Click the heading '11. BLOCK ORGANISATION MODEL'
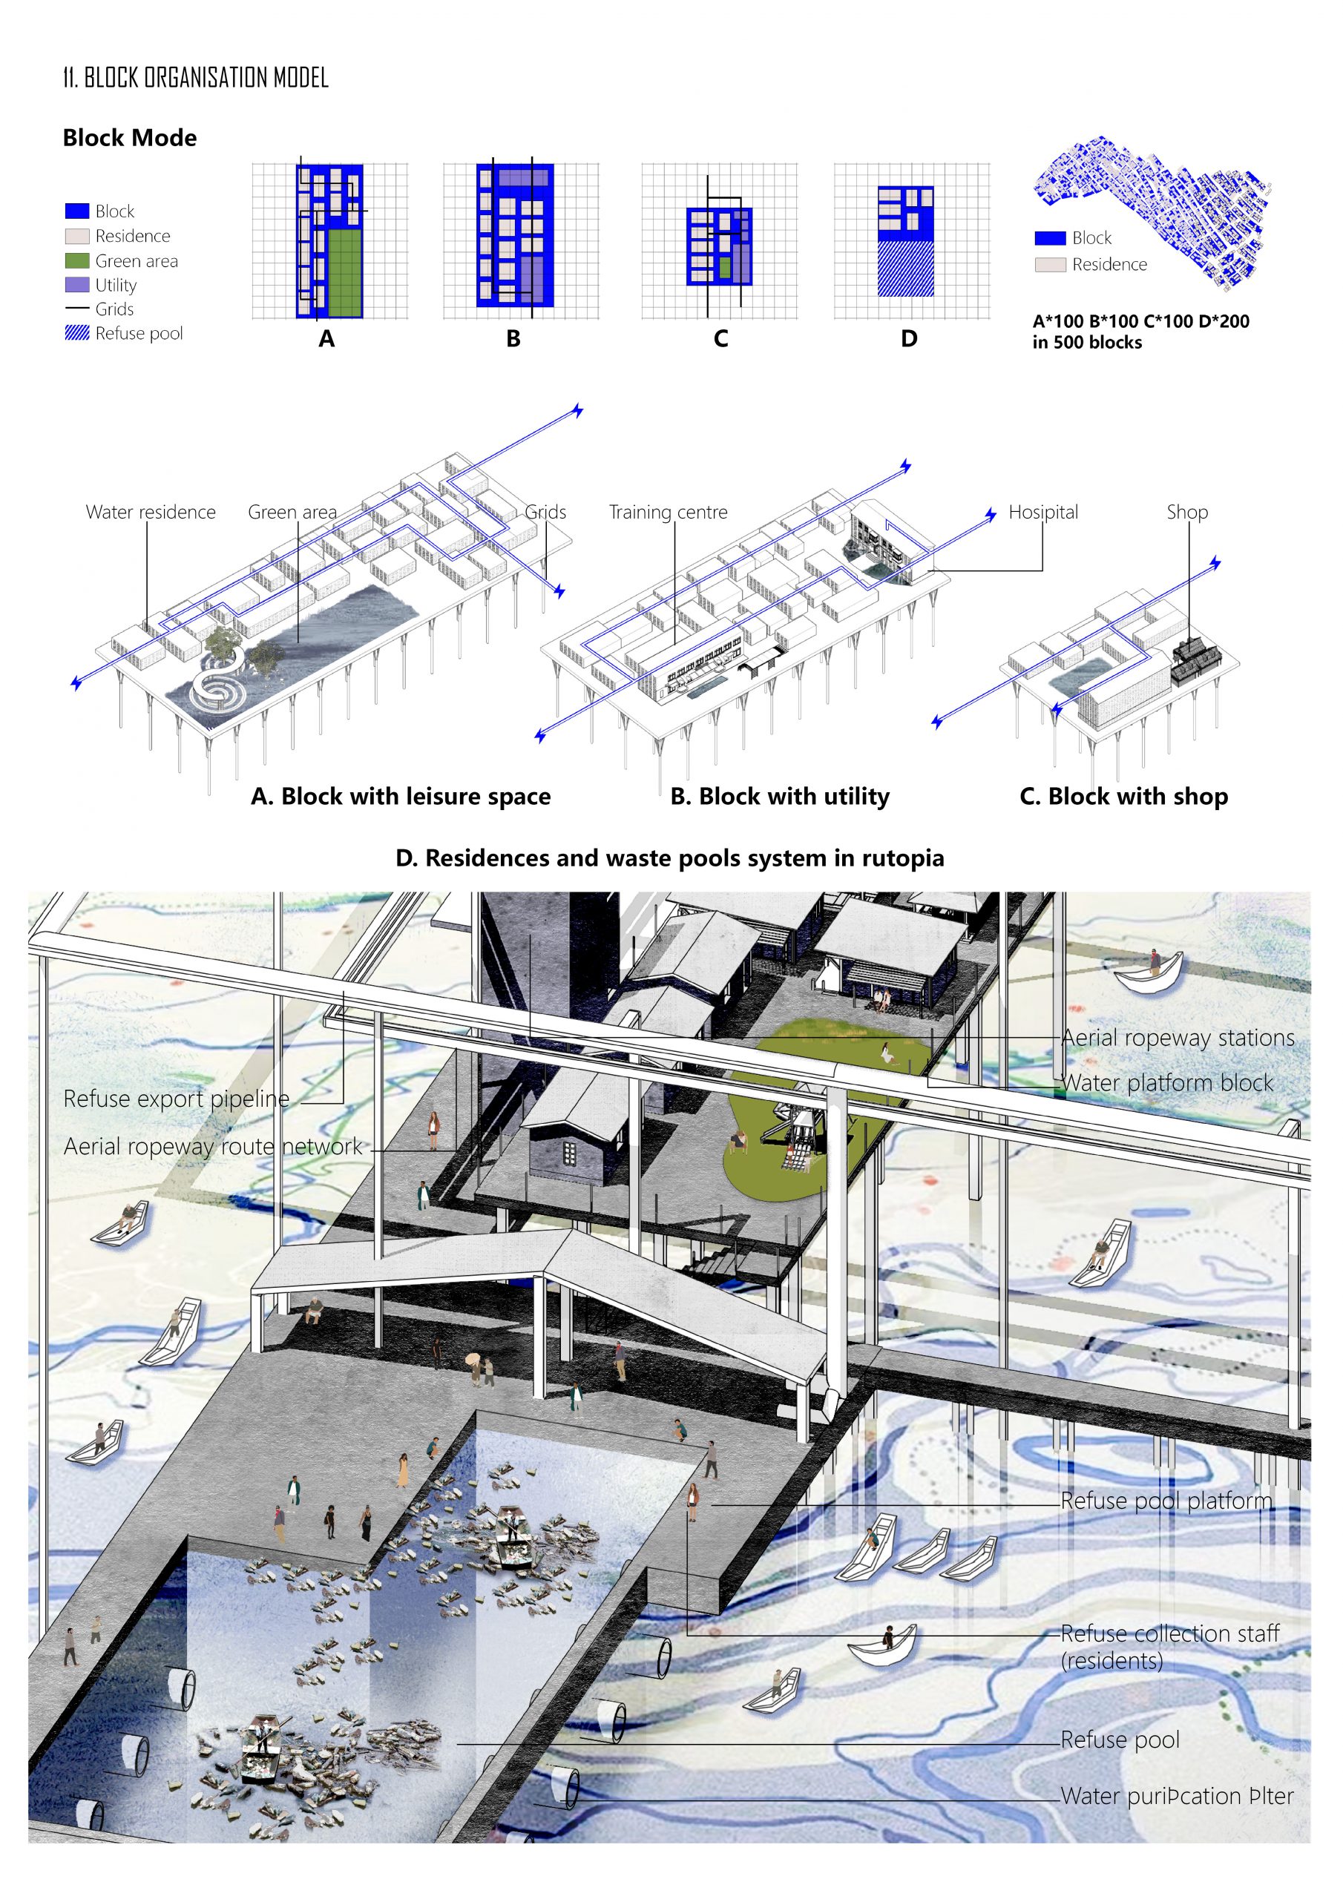click(196, 78)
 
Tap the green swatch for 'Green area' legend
click(77, 260)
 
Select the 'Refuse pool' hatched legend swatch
click(77, 333)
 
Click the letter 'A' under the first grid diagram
click(327, 339)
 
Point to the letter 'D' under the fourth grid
click(909, 339)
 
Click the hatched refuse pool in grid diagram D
click(906, 269)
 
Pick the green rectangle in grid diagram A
click(345, 273)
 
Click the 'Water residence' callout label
click(151, 512)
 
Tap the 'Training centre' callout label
click(669, 512)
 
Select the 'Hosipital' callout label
click(1043, 512)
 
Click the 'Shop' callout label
click(1187, 512)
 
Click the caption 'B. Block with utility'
click(781, 797)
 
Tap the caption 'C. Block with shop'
click(1123, 797)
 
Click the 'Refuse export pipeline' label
click(177, 1099)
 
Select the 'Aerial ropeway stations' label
click(1178, 1038)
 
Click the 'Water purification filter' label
click(1178, 1797)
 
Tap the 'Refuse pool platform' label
click(1166, 1501)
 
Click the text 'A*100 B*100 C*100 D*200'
click(1141, 322)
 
